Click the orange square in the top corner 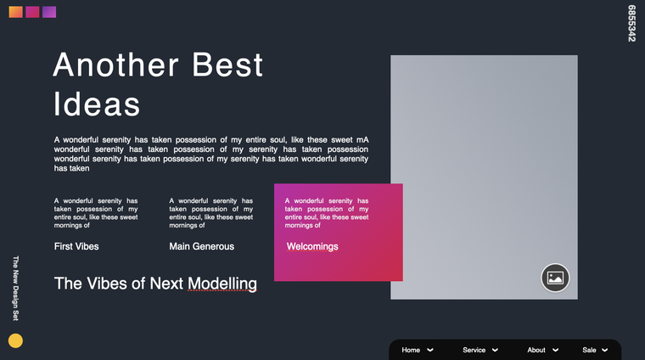(15, 12)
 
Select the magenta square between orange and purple (32, 12)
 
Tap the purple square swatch (49, 12)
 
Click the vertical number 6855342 (631, 23)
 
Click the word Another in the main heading (115, 65)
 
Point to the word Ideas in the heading (97, 104)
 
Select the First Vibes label (76, 246)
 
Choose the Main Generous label (202, 246)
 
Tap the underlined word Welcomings (312, 246)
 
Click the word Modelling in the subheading (222, 284)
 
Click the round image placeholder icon (555, 278)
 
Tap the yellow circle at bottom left (15, 340)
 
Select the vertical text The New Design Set (15, 288)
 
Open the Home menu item (411, 350)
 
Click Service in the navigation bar (474, 350)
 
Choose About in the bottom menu (536, 350)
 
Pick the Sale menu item (589, 350)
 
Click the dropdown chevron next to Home (430, 350)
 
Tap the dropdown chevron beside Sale (604, 350)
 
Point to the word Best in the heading (227, 65)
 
